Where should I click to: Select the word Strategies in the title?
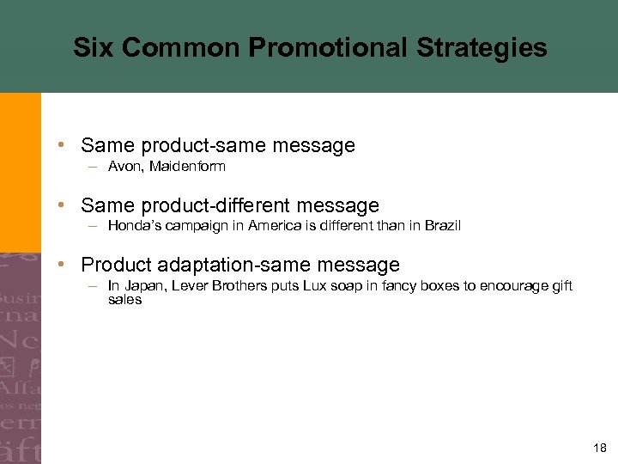coord(482,47)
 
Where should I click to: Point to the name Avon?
coord(124,167)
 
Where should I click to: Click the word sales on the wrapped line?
coord(124,300)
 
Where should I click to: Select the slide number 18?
coord(598,448)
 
